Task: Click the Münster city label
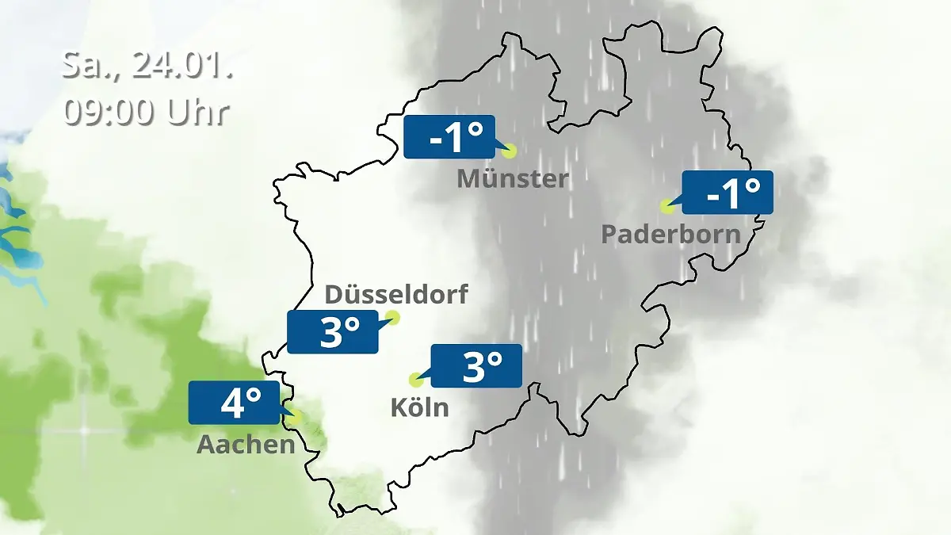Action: point(513,179)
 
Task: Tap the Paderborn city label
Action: point(670,235)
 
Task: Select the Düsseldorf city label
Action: point(396,295)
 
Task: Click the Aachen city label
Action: point(246,445)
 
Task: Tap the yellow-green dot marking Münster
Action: point(509,151)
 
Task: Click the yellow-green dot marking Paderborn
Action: point(667,207)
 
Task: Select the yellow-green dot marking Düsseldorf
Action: point(391,319)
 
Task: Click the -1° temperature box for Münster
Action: point(449,137)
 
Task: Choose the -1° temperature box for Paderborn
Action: point(727,192)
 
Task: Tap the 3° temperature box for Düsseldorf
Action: point(333,331)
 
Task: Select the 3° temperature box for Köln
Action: point(475,365)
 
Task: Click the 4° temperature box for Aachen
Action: point(234,402)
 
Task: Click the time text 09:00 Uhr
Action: point(147,112)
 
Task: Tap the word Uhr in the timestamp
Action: point(197,112)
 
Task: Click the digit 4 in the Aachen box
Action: point(231,403)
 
